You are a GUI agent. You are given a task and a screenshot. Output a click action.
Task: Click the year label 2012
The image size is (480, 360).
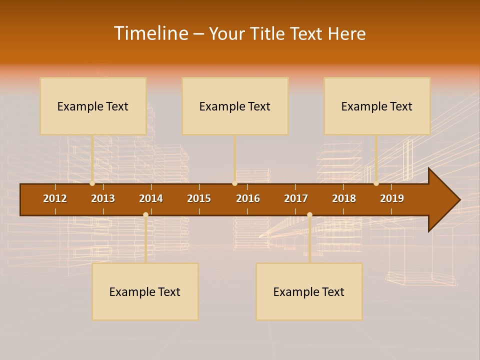[55, 198]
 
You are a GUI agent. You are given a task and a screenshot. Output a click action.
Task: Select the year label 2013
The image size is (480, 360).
[103, 198]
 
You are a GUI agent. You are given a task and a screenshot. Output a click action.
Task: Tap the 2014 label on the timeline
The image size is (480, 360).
[151, 198]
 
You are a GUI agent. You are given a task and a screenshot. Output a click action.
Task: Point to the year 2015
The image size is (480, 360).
[199, 198]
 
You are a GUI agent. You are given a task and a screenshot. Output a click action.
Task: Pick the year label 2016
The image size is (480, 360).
[248, 198]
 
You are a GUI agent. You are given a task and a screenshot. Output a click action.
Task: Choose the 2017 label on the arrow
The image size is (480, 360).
[296, 198]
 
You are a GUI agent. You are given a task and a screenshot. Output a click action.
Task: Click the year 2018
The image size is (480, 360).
[344, 198]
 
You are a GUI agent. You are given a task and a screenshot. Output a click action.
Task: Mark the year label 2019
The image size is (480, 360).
[392, 198]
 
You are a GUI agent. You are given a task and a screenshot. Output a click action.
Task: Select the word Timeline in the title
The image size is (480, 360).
[150, 33]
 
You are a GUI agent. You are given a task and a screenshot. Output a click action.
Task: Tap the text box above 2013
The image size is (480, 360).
[93, 106]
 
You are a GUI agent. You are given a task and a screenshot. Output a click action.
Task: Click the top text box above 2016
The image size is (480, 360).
[235, 106]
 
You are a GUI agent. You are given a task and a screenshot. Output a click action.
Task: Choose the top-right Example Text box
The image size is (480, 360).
[377, 106]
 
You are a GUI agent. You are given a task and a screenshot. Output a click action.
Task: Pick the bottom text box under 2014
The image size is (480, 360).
[145, 291]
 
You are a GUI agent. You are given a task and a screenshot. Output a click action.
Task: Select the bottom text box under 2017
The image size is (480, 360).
[309, 291]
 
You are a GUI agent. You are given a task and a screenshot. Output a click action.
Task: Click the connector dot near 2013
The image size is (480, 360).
[92, 183]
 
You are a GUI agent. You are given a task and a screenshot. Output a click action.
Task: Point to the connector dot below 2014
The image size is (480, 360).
[145, 214]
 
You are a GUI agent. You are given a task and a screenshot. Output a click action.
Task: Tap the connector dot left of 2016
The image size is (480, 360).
[234, 183]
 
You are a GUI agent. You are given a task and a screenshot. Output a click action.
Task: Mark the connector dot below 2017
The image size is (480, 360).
[309, 214]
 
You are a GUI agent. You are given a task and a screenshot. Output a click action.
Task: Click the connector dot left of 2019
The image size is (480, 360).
[376, 183]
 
